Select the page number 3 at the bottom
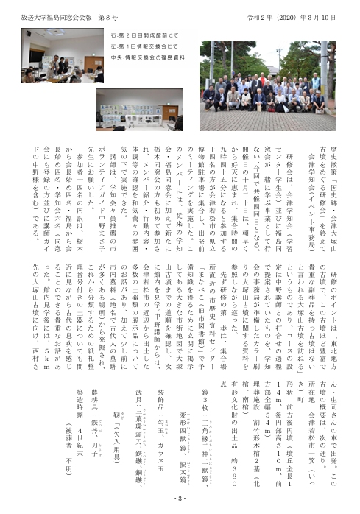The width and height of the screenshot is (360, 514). tap(180, 501)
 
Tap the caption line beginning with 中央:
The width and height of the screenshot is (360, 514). tap(133, 54)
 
